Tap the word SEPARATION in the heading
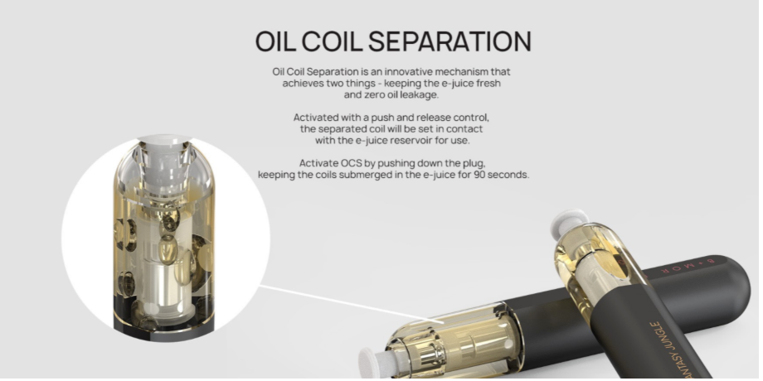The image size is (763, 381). coord(450,41)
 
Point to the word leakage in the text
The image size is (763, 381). coord(420,95)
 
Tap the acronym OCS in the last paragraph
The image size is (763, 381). coord(352,163)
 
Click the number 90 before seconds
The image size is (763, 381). coord(479,175)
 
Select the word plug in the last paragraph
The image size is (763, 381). coord(475,163)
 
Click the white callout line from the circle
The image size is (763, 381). coord(352,304)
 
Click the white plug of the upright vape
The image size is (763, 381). coord(569,221)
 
